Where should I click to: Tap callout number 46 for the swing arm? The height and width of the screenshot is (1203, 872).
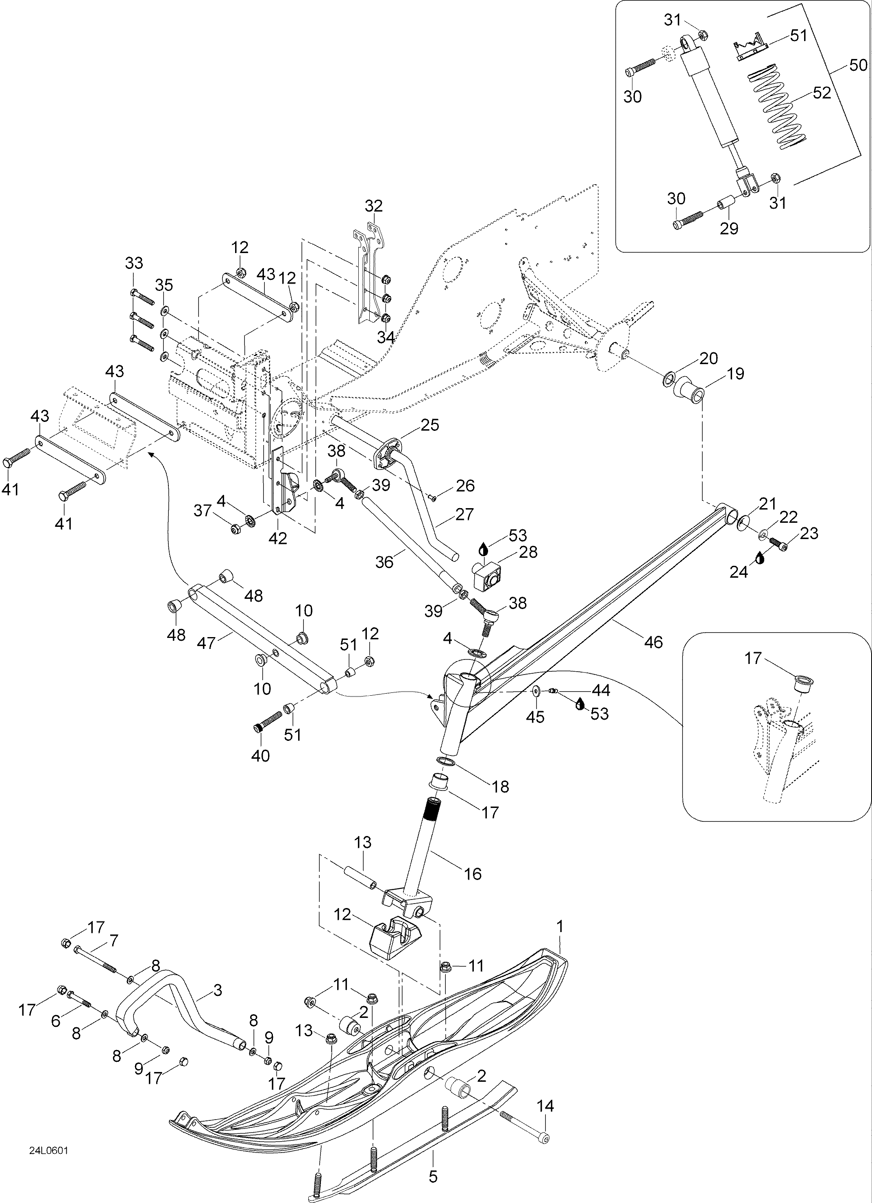pos(654,642)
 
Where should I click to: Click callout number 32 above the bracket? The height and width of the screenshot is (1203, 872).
pos(373,206)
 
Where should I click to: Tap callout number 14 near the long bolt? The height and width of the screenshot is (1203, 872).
pos(545,1106)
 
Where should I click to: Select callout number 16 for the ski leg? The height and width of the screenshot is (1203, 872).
pos(473,873)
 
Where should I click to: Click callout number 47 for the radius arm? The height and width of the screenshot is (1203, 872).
pos(206,643)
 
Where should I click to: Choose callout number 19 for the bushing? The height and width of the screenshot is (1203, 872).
pos(735,373)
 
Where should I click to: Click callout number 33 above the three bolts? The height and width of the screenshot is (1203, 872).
pos(134,263)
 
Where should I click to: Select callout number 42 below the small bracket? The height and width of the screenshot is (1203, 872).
pos(277,538)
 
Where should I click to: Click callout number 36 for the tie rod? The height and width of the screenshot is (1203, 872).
pos(384,562)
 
